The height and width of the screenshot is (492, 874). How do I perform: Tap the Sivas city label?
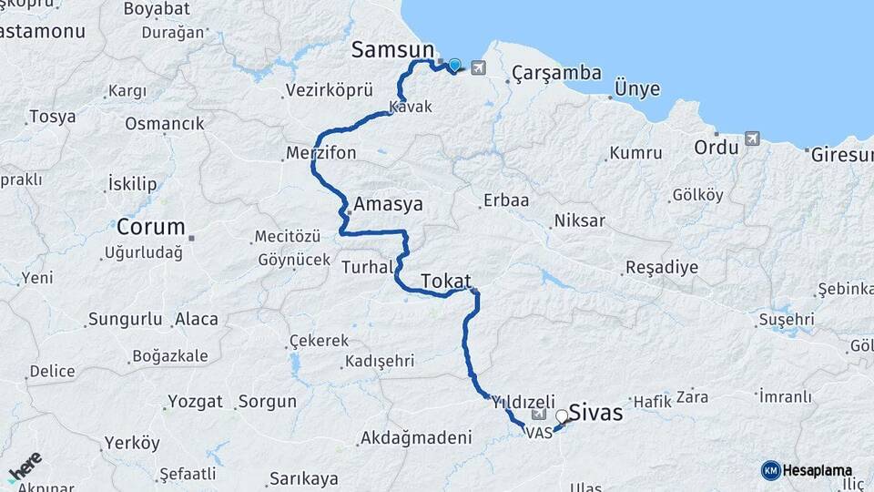point(595,413)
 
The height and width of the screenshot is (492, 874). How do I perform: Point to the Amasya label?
point(389,204)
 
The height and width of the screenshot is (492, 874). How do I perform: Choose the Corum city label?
point(150,227)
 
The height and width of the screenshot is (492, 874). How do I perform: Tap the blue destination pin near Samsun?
point(454,65)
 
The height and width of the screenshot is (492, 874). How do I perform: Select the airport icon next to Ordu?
point(751,138)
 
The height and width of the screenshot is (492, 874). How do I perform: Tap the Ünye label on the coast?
point(637,88)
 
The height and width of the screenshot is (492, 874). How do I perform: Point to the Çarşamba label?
point(556,72)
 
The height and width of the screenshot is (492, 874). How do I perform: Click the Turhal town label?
point(367,267)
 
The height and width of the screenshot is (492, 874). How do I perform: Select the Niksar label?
point(579,220)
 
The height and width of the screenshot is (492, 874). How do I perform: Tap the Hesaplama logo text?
point(817,470)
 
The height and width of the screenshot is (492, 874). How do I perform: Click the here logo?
point(25,466)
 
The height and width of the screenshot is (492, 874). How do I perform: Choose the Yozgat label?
point(195,401)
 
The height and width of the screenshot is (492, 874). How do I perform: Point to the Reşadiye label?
point(661,268)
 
